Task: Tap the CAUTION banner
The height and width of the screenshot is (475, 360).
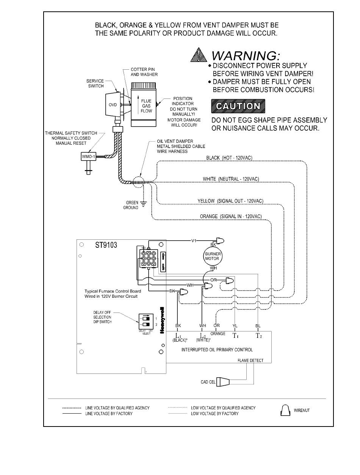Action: point(238,106)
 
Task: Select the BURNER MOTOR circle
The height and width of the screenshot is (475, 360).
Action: point(212,256)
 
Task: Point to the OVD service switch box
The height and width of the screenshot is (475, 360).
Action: point(113,105)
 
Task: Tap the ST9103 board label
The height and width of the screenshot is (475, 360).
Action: point(106,245)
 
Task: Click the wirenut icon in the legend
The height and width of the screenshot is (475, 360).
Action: point(285,410)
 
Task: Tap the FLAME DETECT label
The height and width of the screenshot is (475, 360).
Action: point(250,360)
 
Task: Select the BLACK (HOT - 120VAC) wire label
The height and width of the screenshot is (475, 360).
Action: point(229,158)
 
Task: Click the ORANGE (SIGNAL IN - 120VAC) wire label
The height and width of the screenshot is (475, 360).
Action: point(231,216)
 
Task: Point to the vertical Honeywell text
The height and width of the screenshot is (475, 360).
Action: point(162,320)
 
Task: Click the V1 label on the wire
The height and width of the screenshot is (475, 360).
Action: point(194,241)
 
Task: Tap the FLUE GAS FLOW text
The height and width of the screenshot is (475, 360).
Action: point(146,106)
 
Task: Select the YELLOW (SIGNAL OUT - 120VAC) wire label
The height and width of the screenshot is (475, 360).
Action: point(230,200)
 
